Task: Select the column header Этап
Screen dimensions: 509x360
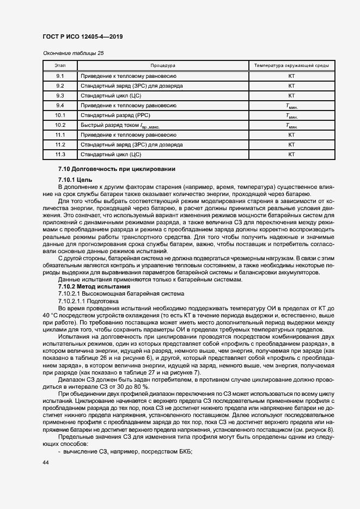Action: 60,66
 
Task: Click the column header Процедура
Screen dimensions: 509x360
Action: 163,66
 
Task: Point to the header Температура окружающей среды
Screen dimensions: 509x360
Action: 291,66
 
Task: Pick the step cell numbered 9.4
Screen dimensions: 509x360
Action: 60,105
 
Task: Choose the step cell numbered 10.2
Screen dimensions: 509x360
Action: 60,125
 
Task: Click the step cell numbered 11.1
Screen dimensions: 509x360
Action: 60,134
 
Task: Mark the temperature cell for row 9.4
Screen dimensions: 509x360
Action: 291,106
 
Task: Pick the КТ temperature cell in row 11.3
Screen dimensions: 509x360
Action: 291,154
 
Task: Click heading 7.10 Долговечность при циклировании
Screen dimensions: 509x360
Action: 117,169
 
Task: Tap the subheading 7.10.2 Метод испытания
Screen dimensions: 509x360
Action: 94,286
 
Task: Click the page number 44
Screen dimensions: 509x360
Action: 46,463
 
